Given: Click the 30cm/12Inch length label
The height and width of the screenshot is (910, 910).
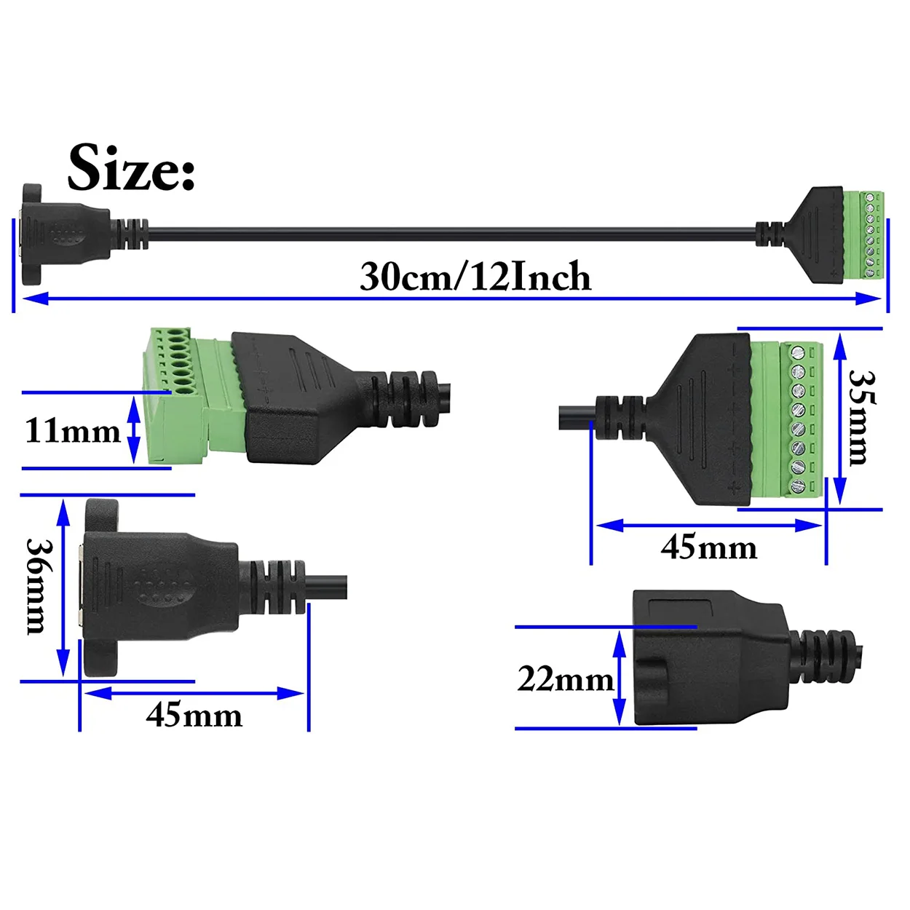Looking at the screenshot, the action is [475, 276].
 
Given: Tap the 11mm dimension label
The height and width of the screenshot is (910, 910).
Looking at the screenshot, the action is [73, 431].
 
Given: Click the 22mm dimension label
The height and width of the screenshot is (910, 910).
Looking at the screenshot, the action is [565, 681].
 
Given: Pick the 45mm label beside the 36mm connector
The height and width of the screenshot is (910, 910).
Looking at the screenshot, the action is [194, 716].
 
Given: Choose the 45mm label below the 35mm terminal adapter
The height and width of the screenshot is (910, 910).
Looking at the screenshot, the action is [709, 547].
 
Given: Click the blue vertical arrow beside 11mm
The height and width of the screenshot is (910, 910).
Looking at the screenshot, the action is [134, 430].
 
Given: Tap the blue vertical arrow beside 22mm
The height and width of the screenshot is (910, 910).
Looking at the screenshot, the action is [620, 678].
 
